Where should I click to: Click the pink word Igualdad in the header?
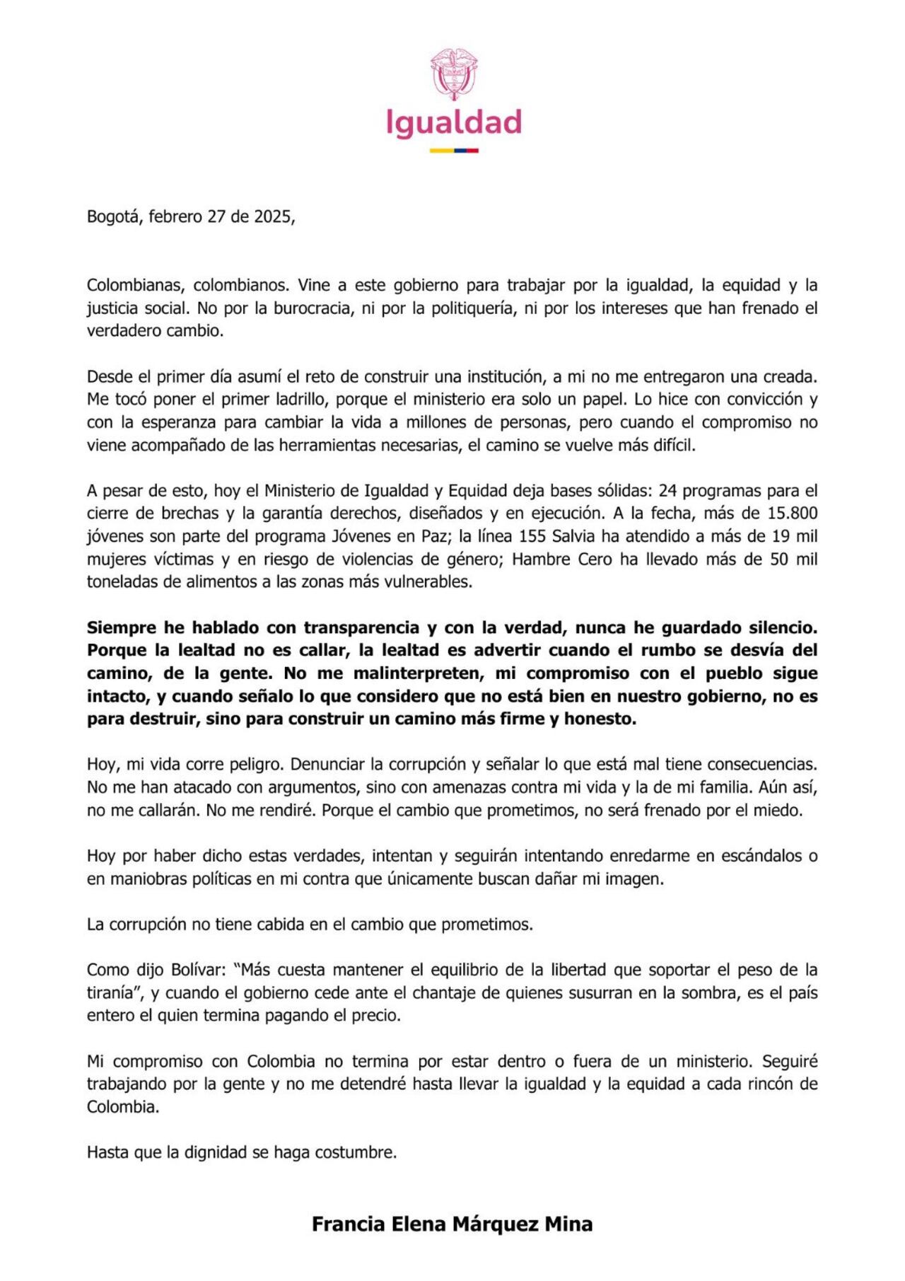pyautogui.click(x=453, y=123)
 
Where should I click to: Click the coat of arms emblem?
pyautogui.click(x=453, y=74)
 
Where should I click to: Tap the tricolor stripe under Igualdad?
pyautogui.click(x=453, y=151)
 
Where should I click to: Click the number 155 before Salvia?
pyautogui.click(x=532, y=536)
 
